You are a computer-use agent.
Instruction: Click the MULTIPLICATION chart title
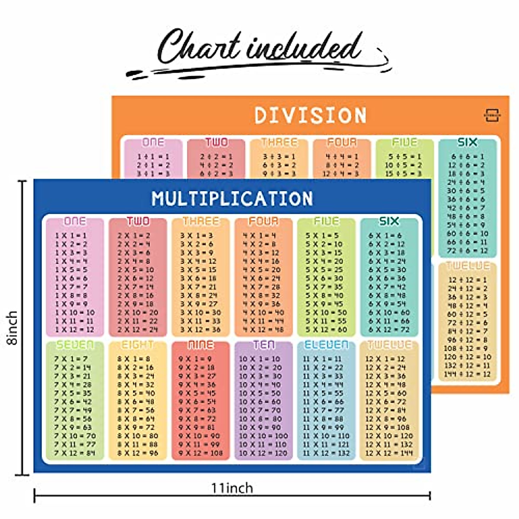[232, 199]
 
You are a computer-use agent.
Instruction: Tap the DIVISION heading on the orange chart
[311, 115]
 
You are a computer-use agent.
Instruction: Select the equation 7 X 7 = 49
[73, 410]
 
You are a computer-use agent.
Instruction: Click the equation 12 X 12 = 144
[389, 453]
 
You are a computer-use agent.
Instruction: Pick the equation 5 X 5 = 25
[324, 269]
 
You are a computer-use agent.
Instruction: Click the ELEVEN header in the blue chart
[327, 345]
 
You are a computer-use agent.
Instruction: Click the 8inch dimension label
[13, 327]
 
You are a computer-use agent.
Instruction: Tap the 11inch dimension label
[232, 488]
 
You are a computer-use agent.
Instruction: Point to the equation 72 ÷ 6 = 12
[467, 251]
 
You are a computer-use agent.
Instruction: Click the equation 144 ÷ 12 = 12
[467, 374]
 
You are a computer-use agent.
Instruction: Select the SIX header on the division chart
[467, 142]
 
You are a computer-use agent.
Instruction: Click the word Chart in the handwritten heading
[199, 47]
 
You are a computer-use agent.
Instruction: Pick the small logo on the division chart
[492, 115]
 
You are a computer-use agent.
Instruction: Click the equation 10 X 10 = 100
[263, 436]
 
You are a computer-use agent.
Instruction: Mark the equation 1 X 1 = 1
[71, 235]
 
